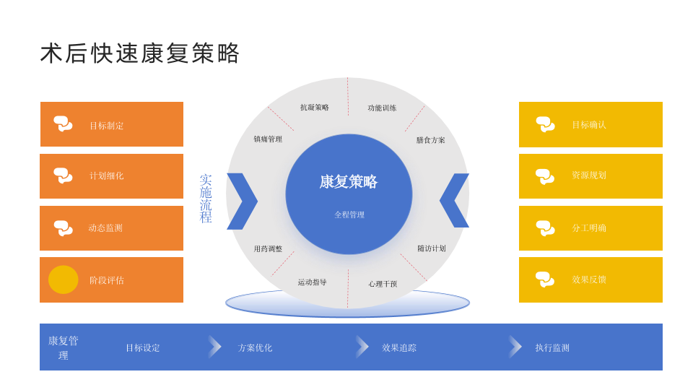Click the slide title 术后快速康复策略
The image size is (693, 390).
coord(140,53)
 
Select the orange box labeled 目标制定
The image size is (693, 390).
coord(112,125)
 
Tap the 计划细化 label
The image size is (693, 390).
coord(107,176)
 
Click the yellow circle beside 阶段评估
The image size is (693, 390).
coord(64,279)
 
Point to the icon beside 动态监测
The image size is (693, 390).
coord(63,228)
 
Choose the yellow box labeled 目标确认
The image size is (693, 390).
coord(590,125)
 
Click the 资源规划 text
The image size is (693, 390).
coord(589,175)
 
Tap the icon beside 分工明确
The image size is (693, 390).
coord(545,227)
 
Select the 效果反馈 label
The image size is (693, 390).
coord(589,279)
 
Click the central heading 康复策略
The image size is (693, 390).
coord(349,182)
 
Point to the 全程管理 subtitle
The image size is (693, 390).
coord(349,214)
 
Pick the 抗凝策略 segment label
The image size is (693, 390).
coord(315,108)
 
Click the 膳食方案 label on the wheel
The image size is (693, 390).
coord(431,140)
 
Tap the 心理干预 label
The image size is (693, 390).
coord(383,284)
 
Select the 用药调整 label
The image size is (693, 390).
coord(268,249)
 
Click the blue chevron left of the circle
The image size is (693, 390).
coord(242,201)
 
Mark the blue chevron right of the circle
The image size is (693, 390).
coord(455,200)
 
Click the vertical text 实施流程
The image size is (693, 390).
coord(206,199)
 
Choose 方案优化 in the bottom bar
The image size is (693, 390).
coord(256,347)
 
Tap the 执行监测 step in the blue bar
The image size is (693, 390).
coord(552,347)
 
